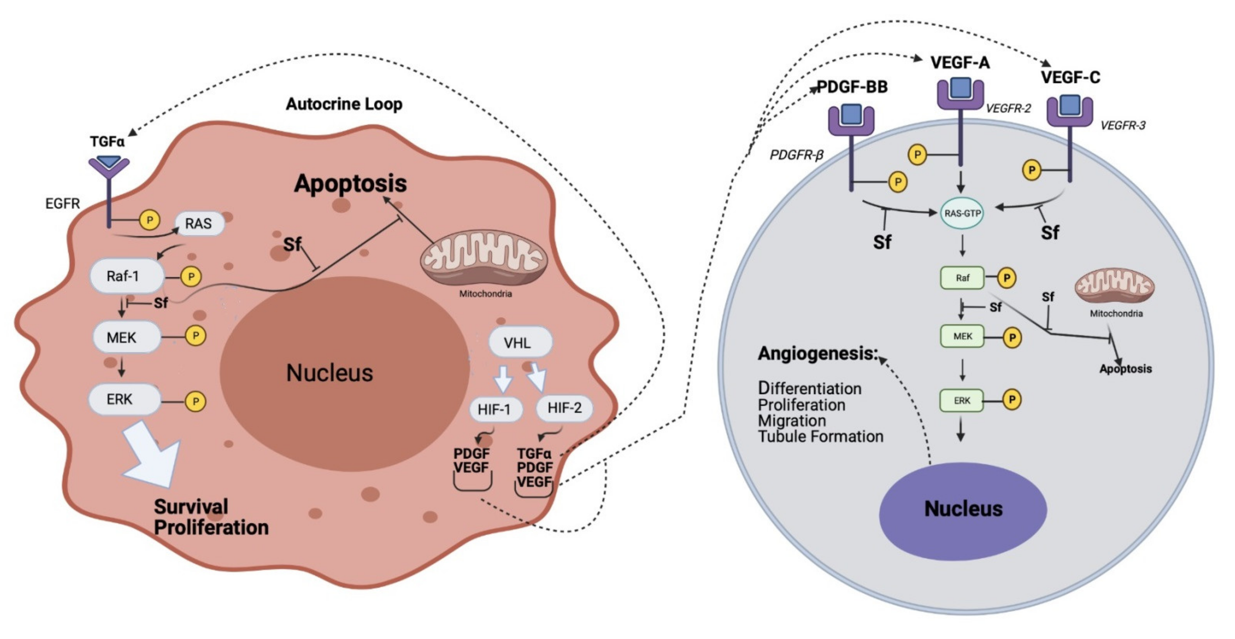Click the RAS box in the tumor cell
click(x=199, y=224)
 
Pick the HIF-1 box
click(x=495, y=409)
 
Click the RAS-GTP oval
click(x=962, y=213)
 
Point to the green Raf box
click(x=962, y=278)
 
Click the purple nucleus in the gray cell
click(x=963, y=511)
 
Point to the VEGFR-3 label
click(x=1123, y=126)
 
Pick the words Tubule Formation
click(x=821, y=437)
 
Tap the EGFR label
click(x=62, y=204)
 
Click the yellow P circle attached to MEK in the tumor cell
click(x=195, y=336)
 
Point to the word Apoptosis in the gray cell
click(x=1126, y=369)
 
